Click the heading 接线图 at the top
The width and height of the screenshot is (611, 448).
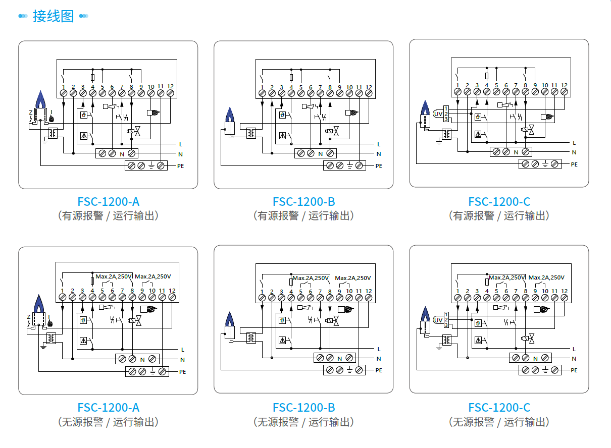(x=53, y=16)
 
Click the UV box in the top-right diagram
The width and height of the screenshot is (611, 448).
(x=438, y=114)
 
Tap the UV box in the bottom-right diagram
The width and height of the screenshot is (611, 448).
(x=438, y=320)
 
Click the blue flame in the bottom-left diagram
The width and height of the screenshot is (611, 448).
(x=38, y=303)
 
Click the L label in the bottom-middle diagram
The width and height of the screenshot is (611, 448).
(x=379, y=349)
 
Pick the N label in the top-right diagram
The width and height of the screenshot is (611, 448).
(x=574, y=152)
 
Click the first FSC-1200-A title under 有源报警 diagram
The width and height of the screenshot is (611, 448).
(x=108, y=202)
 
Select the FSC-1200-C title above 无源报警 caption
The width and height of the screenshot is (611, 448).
(x=499, y=408)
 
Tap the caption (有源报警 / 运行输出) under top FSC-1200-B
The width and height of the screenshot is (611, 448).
(x=303, y=216)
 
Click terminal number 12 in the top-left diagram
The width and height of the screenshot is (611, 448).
(x=170, y=87)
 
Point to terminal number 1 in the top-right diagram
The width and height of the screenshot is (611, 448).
(x=457, y=85)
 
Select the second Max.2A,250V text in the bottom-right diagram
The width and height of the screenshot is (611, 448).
(x=546, y=277)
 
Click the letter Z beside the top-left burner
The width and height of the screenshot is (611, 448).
(x=29, y=111)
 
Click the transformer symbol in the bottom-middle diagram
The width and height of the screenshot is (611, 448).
(x=251, y=338)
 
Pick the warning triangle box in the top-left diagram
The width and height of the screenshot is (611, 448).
(x=84, y=135)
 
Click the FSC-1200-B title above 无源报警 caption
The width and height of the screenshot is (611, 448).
(x=303, y=408)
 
